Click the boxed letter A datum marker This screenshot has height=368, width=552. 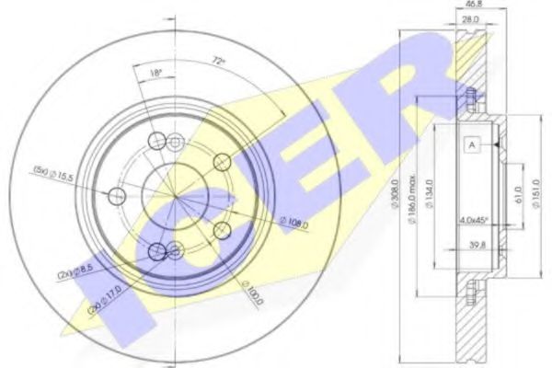click(471, 144)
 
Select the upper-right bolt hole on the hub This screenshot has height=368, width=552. click(221, 163)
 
